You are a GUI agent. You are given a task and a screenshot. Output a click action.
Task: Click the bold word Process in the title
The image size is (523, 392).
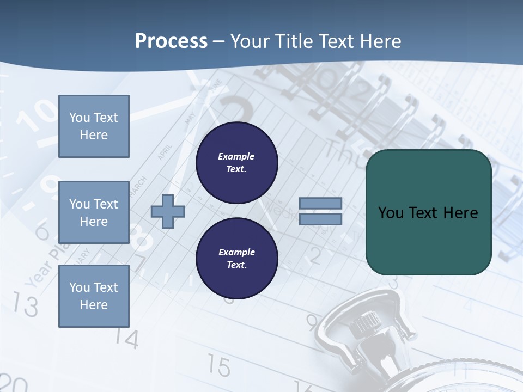171,41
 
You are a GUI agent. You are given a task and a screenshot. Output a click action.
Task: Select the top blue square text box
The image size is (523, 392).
94,126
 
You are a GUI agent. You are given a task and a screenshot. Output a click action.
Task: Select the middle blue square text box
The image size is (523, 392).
94,212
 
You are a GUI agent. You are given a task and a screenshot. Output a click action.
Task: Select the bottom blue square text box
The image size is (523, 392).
94,296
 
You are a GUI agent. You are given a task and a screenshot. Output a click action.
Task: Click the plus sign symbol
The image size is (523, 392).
167,211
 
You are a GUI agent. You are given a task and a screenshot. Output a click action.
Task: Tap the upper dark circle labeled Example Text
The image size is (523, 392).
236,162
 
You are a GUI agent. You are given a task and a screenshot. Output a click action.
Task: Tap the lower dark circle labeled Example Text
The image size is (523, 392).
236,258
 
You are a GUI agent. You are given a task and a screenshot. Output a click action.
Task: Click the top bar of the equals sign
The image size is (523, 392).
320,203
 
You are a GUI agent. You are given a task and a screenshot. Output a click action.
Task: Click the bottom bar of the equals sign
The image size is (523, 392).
320,219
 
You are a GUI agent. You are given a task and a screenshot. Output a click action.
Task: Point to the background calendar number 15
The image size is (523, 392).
218,366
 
